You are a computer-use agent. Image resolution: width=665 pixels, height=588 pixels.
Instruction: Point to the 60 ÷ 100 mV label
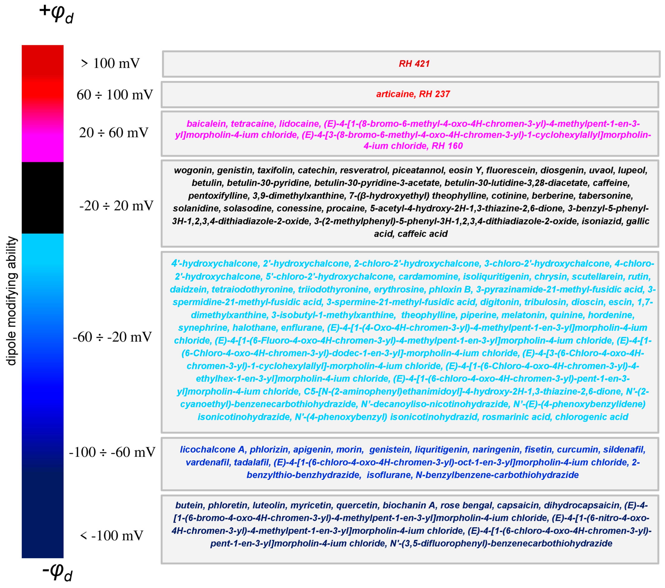[115, 95]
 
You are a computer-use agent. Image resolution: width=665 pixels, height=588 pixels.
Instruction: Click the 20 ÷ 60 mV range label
[113, 133]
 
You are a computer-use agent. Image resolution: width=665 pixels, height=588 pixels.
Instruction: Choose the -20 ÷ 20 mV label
[116, 206]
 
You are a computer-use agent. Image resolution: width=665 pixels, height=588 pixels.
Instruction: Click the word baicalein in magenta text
[206, 124]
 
